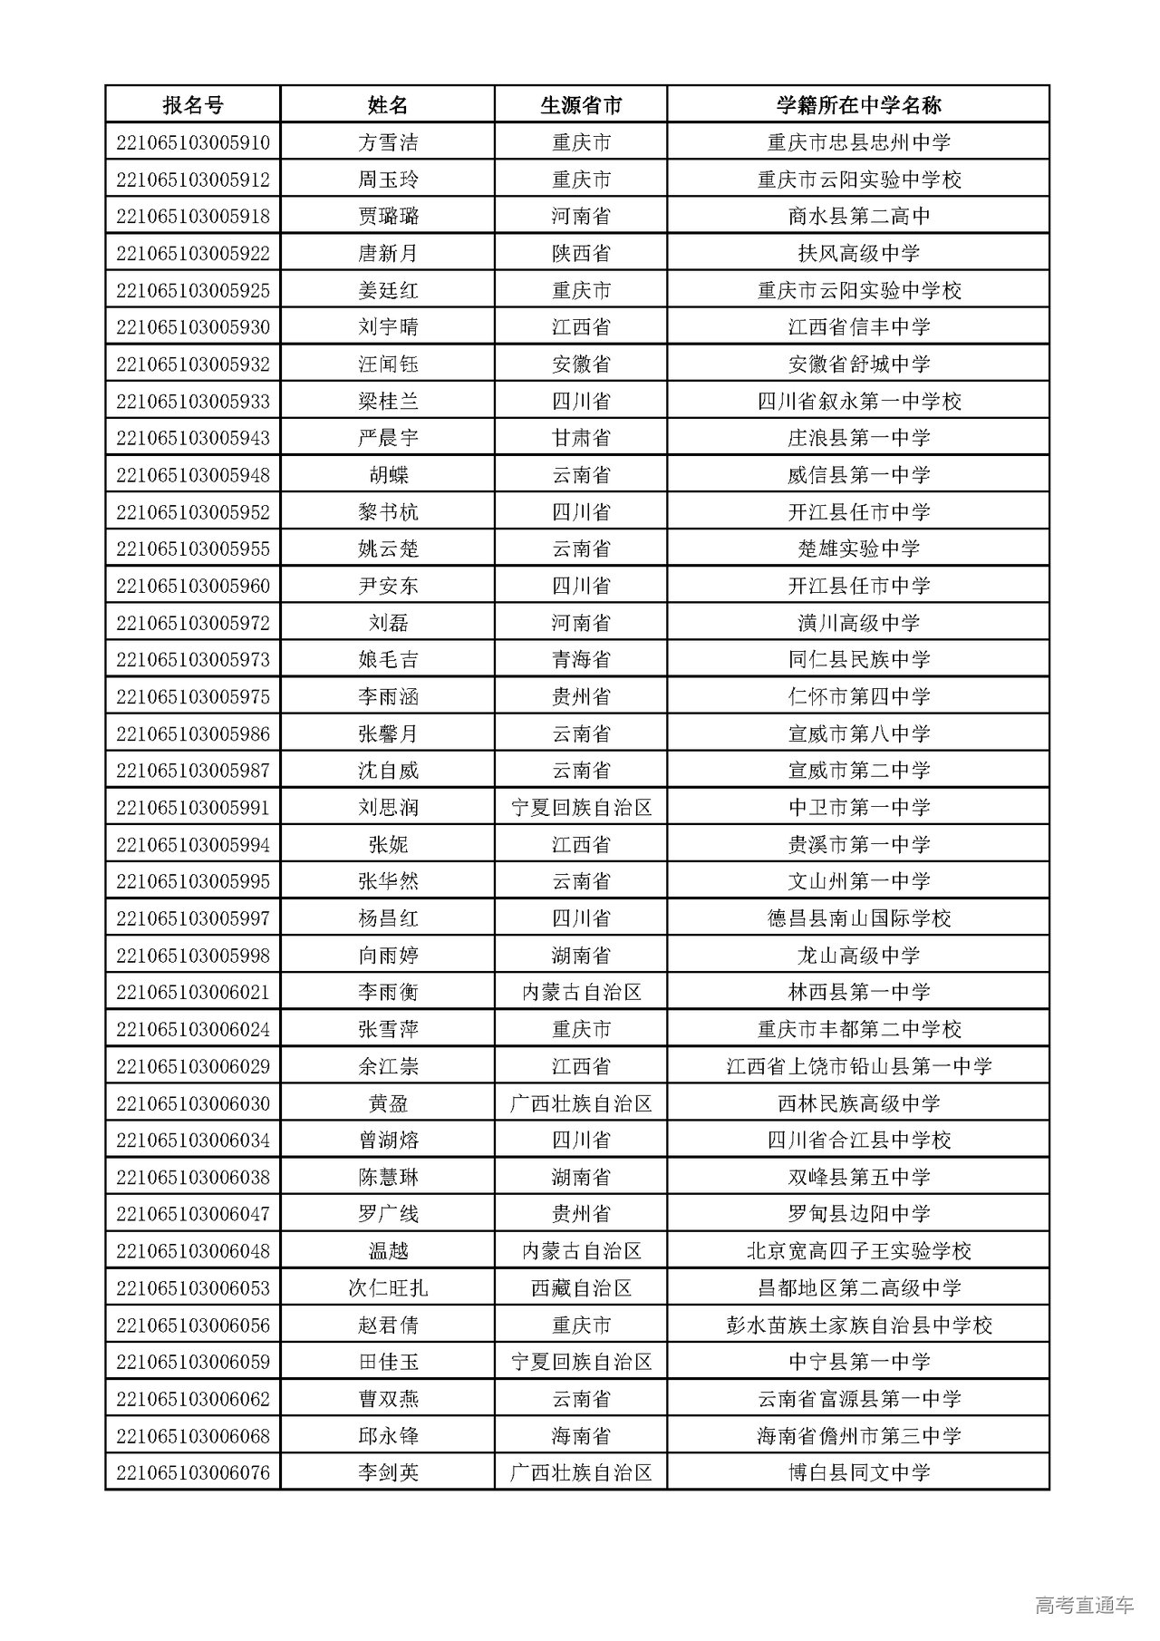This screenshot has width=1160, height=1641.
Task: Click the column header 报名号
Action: click(x=192, y=105)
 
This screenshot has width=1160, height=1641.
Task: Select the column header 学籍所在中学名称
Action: click(x=858, y=105)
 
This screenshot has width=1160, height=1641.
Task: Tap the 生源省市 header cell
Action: click(x=581, y=105)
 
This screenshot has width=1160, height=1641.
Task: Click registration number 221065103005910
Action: click(x=192, y=142)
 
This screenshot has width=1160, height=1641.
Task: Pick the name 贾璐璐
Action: click(x=388, y=217)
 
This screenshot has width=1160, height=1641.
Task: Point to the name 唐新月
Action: click(x=388, y=254)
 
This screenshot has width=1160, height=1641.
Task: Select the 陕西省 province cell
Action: click(x=581, y=254)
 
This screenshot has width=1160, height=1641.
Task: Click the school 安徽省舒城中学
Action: click(x=858, y=364)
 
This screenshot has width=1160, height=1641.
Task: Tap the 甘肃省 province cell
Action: click(x=581, y=438)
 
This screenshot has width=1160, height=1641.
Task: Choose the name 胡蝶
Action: click(x=388, y=475)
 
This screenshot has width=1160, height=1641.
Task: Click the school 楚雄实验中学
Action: click(x=858, y=549)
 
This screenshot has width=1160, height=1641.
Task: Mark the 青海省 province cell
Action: click(x=581, y=659)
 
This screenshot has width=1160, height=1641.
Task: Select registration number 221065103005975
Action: click(x=192, y=696)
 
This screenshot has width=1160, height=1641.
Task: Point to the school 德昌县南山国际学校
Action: click(x=858, y=918)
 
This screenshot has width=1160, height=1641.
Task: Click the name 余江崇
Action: click(x=388, y=1066)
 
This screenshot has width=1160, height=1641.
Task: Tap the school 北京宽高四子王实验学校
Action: click(x=858, y=1251)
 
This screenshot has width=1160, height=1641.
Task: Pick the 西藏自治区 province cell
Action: click(x=581, y=1288)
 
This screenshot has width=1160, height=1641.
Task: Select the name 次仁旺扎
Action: click(x=388, y=1288)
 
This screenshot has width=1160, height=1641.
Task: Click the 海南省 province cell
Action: click(x=581, y=1436)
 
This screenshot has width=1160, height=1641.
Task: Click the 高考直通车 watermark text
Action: click(x=1083, y=1605)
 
